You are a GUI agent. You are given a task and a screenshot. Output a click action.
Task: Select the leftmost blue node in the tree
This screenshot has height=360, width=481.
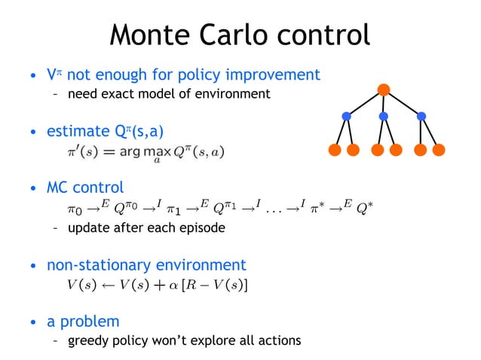(x=347, y=117)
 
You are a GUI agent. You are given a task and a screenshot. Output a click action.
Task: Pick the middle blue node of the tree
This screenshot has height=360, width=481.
(x=384, y=117)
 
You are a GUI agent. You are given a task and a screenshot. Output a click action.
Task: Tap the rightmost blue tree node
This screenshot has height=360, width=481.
(x=421, y=117)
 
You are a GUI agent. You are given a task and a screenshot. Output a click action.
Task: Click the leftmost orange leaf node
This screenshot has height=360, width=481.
(x=336, y=150)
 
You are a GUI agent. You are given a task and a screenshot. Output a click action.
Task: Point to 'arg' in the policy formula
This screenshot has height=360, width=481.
(x=139, y=153)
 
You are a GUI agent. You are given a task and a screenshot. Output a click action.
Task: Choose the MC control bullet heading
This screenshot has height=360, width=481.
(x=85, y=187)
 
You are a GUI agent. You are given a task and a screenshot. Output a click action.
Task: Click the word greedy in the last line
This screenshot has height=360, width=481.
(x=87, y=341)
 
